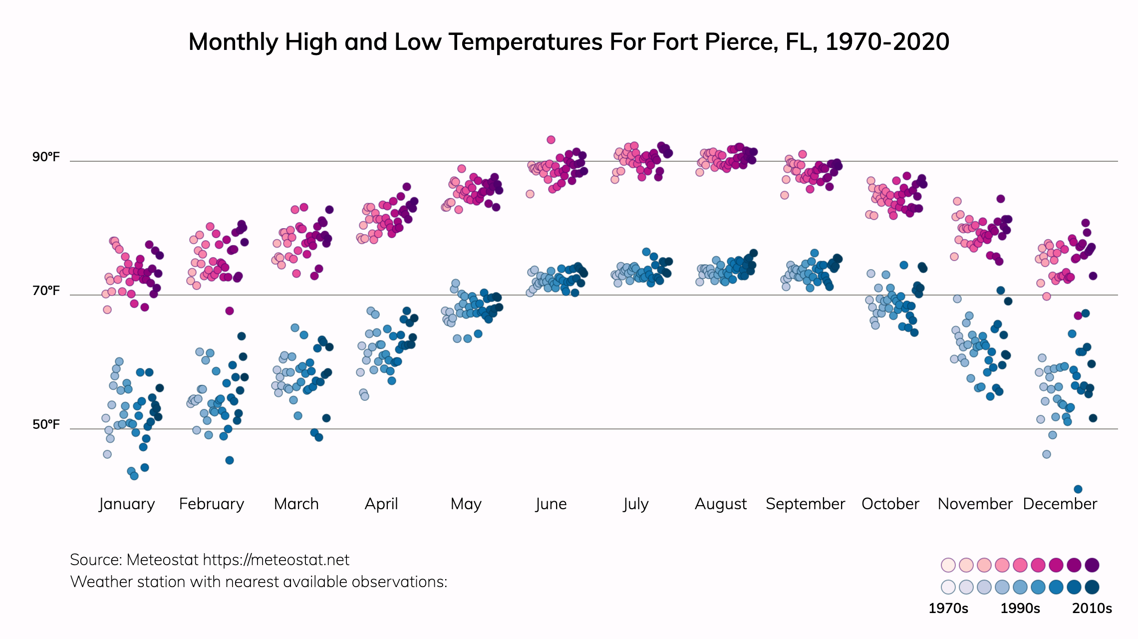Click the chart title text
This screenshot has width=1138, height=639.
click(x=569, y=42)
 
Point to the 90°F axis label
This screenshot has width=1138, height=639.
click(x=46, y=157)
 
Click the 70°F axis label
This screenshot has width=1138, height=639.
click(x=46, y=291)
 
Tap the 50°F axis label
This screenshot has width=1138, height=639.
click(x=46, y=425)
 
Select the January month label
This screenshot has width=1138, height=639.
click(x=127, y=504)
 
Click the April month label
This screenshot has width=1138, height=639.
click(x=381, y=504)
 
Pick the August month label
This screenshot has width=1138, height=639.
click(x=721, y=504)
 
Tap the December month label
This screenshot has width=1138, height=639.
click(x=1060, y=504)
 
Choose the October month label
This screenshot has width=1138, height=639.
click(x=890, y=504)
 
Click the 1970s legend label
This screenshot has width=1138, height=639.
click(x=948, y=609)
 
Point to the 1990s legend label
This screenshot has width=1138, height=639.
click(x=1020, y=609)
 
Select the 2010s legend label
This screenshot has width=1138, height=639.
click(x=1092, y=609)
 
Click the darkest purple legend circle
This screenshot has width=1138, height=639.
click(x=1092, y=565)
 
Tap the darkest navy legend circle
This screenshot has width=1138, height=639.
click(x=1092, y=587)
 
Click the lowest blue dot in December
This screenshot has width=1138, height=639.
click(x=1078, y=489)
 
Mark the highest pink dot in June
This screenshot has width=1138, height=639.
click(x=551, y=140)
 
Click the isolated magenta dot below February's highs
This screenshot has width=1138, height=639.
click(x=230, y=311)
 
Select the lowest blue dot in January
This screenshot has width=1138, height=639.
click(x=134, y=476)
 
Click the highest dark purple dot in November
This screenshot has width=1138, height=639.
click(x=1001, y=199)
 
